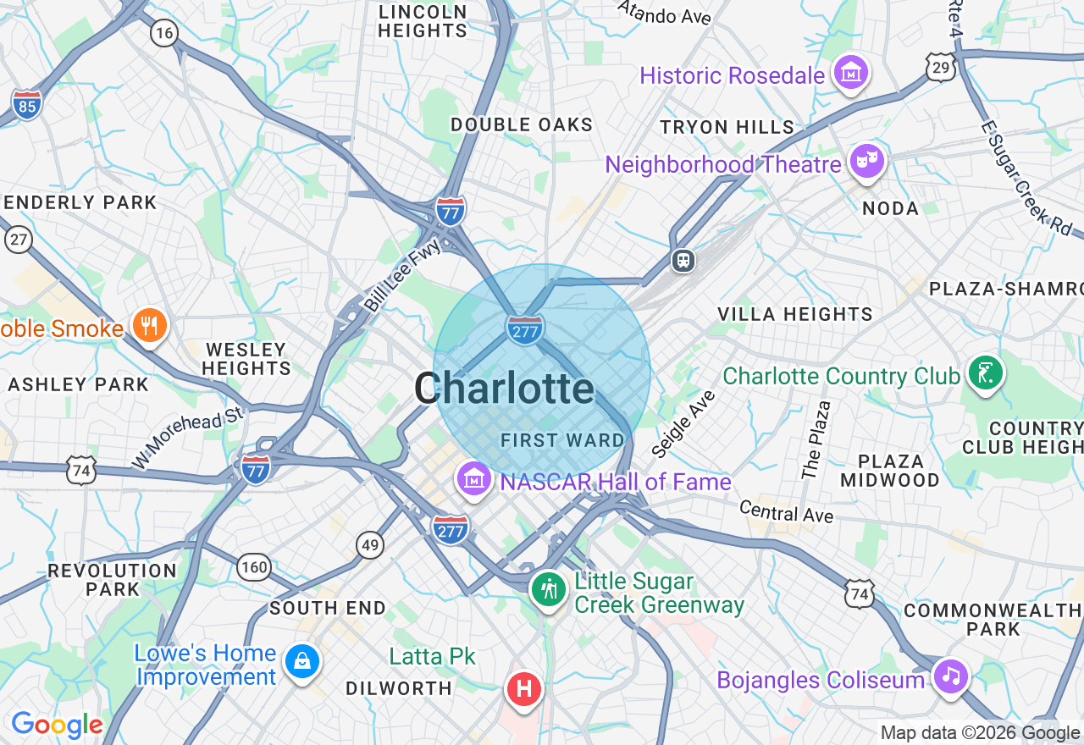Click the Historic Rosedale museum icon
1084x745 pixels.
[850, 74]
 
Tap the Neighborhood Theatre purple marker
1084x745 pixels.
[867, 162]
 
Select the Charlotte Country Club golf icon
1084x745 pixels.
[986, 373]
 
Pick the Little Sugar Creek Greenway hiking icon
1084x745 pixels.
[549, 589]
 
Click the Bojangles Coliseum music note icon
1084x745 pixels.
[950, 677]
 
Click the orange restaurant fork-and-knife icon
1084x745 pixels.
[150, 326]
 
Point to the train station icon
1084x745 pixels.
[683, 261]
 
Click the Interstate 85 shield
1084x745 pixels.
[27, 104]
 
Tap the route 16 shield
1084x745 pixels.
[163, 33]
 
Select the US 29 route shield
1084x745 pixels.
[941, 68]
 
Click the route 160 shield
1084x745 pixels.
[254, 566]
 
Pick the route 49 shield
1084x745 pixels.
[370, 545]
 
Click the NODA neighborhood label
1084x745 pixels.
[890, 208]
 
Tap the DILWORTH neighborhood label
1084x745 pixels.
[398, 688]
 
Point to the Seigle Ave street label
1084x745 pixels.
[684, 423]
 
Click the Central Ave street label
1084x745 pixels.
[786, 511]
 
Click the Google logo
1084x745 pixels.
[57, 725]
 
